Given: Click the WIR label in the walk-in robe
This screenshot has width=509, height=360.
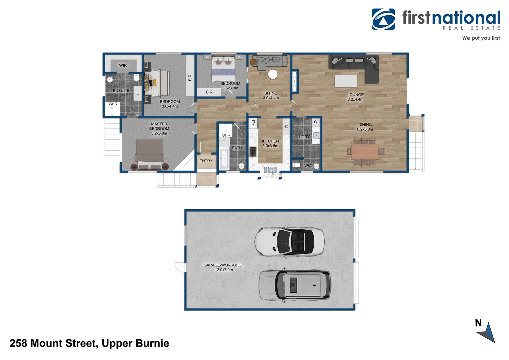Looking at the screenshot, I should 123,65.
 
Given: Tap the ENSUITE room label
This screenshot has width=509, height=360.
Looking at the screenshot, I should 121,91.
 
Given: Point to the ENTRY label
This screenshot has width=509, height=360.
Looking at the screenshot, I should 206,161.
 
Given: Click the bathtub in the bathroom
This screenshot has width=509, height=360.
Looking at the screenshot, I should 224,159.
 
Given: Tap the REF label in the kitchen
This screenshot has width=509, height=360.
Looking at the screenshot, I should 253,123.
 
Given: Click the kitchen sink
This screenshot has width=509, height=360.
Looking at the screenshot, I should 270,170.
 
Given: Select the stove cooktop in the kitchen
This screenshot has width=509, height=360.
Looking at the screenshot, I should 253,152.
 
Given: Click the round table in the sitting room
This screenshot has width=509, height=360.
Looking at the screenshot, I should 273,74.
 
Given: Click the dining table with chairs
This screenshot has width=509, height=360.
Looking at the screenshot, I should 365,152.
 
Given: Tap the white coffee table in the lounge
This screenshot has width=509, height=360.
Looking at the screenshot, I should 346,81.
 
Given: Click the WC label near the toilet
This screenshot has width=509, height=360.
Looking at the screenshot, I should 307,165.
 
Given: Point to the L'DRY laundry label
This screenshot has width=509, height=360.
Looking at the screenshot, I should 304,137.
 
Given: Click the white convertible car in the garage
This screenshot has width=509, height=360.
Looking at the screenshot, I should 289,242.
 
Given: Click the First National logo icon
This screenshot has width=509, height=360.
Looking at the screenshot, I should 383,19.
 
